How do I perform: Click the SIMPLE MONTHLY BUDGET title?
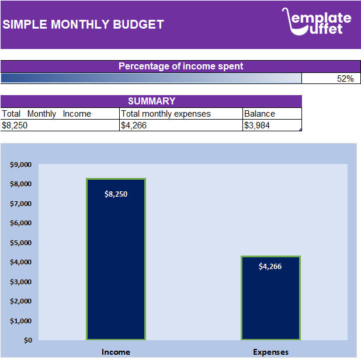pos(84,25)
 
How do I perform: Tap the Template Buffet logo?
pos(317,22)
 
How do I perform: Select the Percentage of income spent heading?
pos(180,66)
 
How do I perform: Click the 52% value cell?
pos(331,79)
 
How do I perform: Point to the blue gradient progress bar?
pos(151,79)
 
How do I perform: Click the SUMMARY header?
pos(151,101)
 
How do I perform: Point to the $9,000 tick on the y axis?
pos(21,165)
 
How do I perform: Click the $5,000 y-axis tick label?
pos(21,243)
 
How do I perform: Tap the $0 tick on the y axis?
pos(27,340)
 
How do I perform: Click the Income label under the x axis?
pos(116,352)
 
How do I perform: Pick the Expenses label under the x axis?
pos(270,352)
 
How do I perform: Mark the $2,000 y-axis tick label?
pos(21,301)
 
